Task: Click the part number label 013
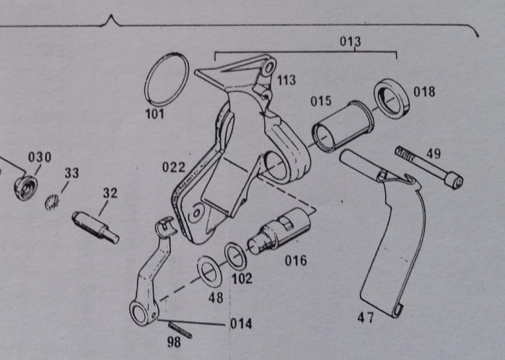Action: click(x=351, y=41)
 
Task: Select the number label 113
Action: click(x=286, y=80)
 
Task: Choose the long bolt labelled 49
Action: click(x=429, y=167)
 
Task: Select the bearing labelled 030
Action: click(x=26, y=187)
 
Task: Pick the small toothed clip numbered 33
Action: click(x=51, y=203)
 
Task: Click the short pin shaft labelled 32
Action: click(x=95, y=226)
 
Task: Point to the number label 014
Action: click(x=241, y=323)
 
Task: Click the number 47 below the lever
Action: click(x=366, y=317)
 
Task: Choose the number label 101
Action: click(x=155, y=114)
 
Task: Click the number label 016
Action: click(x=294, y=260)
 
